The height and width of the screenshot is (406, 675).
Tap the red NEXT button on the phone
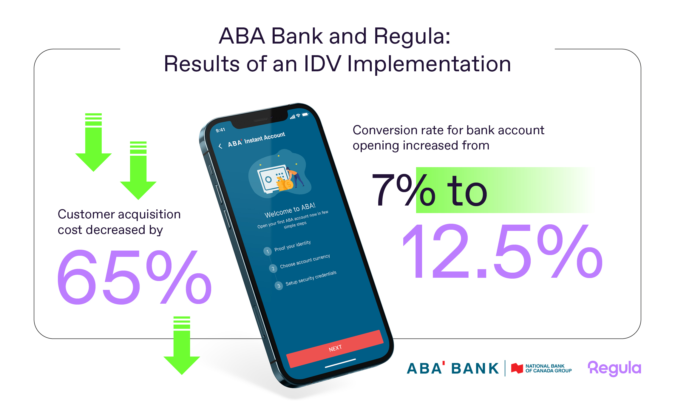point(335,348)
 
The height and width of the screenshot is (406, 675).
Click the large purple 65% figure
point(134,277)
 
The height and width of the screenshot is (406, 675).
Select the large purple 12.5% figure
point(503,252)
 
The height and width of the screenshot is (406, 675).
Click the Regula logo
point(614,368)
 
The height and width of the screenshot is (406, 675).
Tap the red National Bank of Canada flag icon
point(517,368)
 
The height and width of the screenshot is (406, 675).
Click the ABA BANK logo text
point(453,368)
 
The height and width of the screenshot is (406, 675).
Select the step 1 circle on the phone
point(268,251)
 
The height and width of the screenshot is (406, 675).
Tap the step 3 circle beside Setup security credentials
point(279,286)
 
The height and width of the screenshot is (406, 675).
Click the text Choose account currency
point(305,261)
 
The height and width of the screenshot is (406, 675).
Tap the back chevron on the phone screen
point(220,146)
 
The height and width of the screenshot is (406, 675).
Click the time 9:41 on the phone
point(220,130)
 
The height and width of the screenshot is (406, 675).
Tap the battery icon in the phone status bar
point(305,115)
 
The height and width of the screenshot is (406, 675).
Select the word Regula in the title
point(412,36)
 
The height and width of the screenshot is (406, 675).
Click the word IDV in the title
point(323,64)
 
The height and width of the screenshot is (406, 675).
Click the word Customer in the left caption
point(86,214)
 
